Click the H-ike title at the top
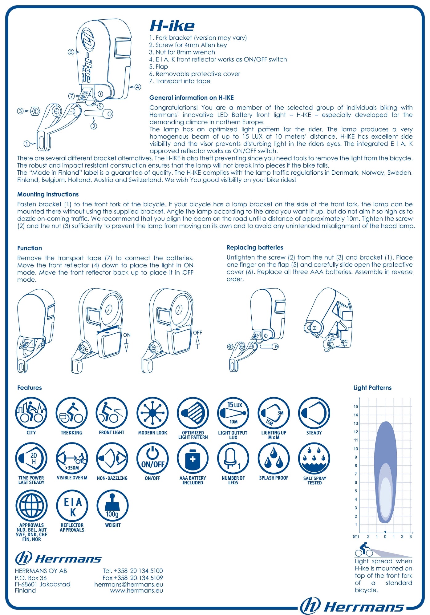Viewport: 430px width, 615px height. point(172,26)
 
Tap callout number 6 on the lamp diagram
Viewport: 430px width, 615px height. point(71,52)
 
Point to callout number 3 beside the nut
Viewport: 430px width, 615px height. point(20,111)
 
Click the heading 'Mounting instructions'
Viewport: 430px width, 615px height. point(48,194)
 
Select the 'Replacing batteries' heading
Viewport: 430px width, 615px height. point(255,248)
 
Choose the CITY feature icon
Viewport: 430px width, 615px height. point(31,413)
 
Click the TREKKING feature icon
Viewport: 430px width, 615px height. point(71,413)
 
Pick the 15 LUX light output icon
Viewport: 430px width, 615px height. point(233,413)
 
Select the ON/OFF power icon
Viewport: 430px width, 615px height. point(152,458)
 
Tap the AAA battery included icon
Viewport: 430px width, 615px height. point(193,458)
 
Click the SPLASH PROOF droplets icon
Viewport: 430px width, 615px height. point(274,458)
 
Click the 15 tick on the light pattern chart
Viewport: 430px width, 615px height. point(356,407)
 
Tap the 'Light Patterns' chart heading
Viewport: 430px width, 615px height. point(372,388)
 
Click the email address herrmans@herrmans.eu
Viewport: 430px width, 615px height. point(129,585)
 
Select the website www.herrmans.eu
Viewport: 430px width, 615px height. point(137,591)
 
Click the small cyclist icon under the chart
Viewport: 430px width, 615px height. point(364,550)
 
